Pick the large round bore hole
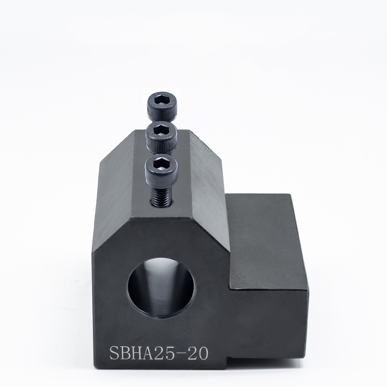click(x=161, y=288)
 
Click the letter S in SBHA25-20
click(x=115, y=353)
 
